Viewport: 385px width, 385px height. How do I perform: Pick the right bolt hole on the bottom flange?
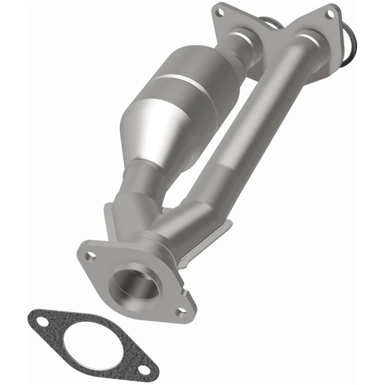pos(180,314)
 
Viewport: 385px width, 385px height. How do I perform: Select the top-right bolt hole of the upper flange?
pos(331,14)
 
